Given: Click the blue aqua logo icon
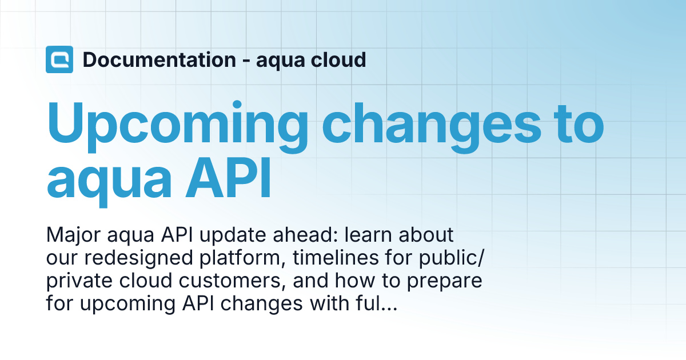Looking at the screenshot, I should click(59, 59).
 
